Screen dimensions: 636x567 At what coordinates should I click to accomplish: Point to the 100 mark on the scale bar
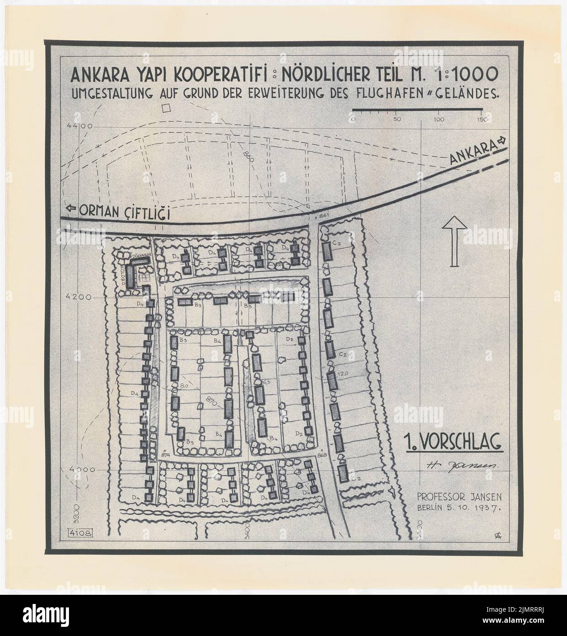click(440, 119)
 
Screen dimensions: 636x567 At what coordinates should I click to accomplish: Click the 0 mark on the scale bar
click(354, 119)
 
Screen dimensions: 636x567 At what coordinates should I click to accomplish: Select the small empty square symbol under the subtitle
click(167, 108)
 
